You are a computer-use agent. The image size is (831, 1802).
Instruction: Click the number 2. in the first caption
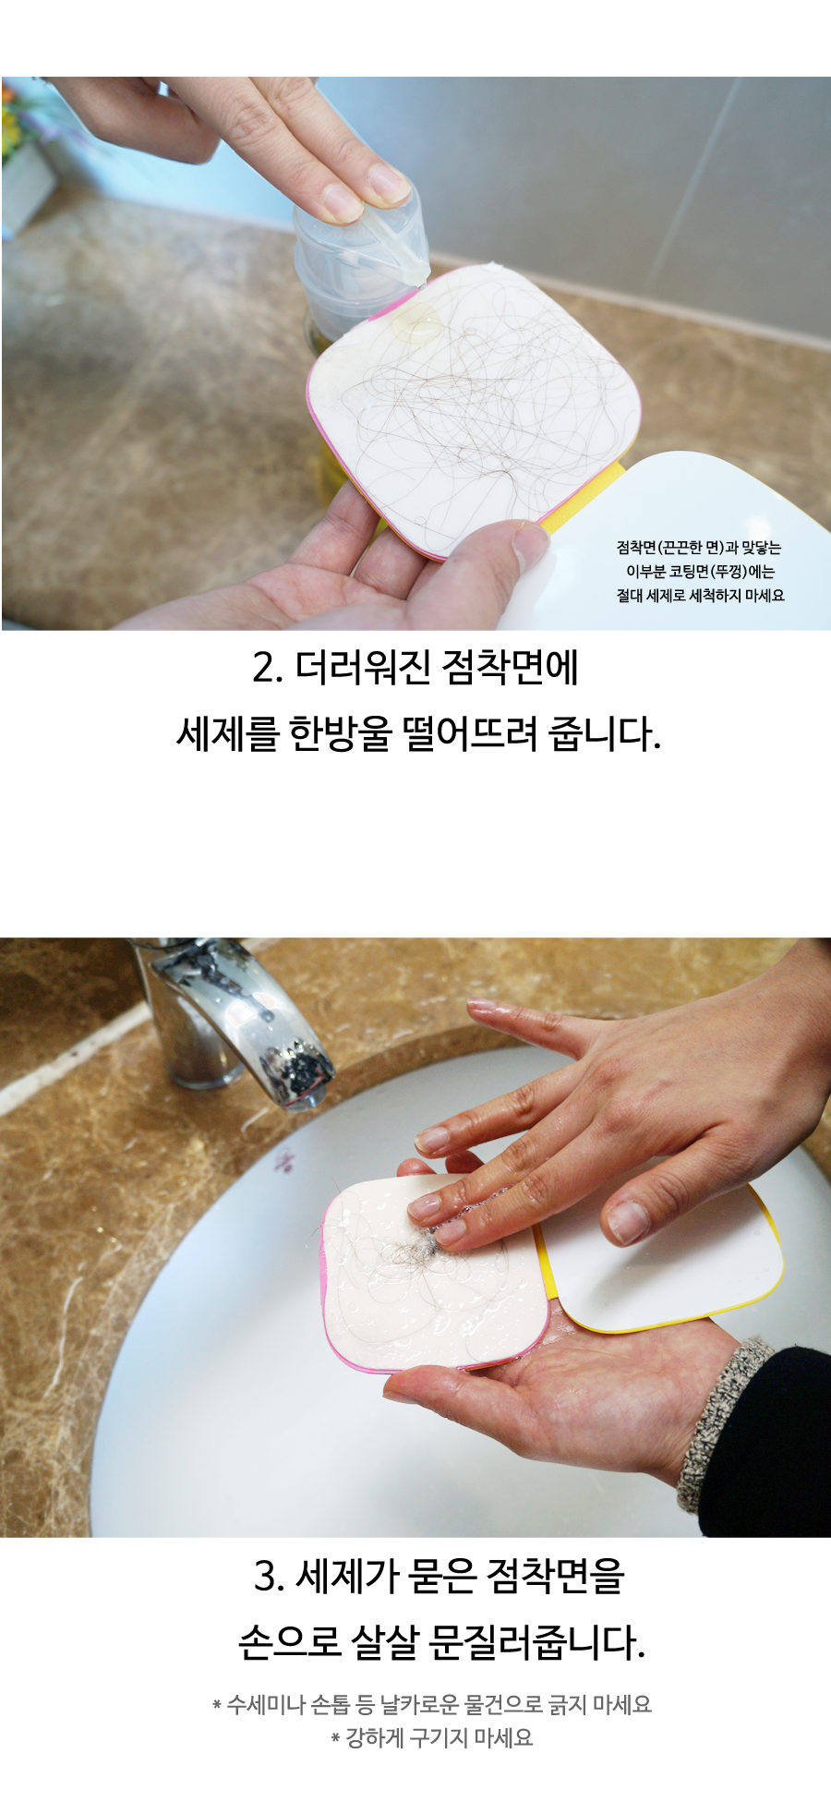(x=267, y=667)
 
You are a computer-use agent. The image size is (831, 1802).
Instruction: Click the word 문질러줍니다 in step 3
(x=537, y=1643)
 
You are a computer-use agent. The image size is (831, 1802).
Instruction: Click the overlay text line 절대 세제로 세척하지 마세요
(x=701, y=596)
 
